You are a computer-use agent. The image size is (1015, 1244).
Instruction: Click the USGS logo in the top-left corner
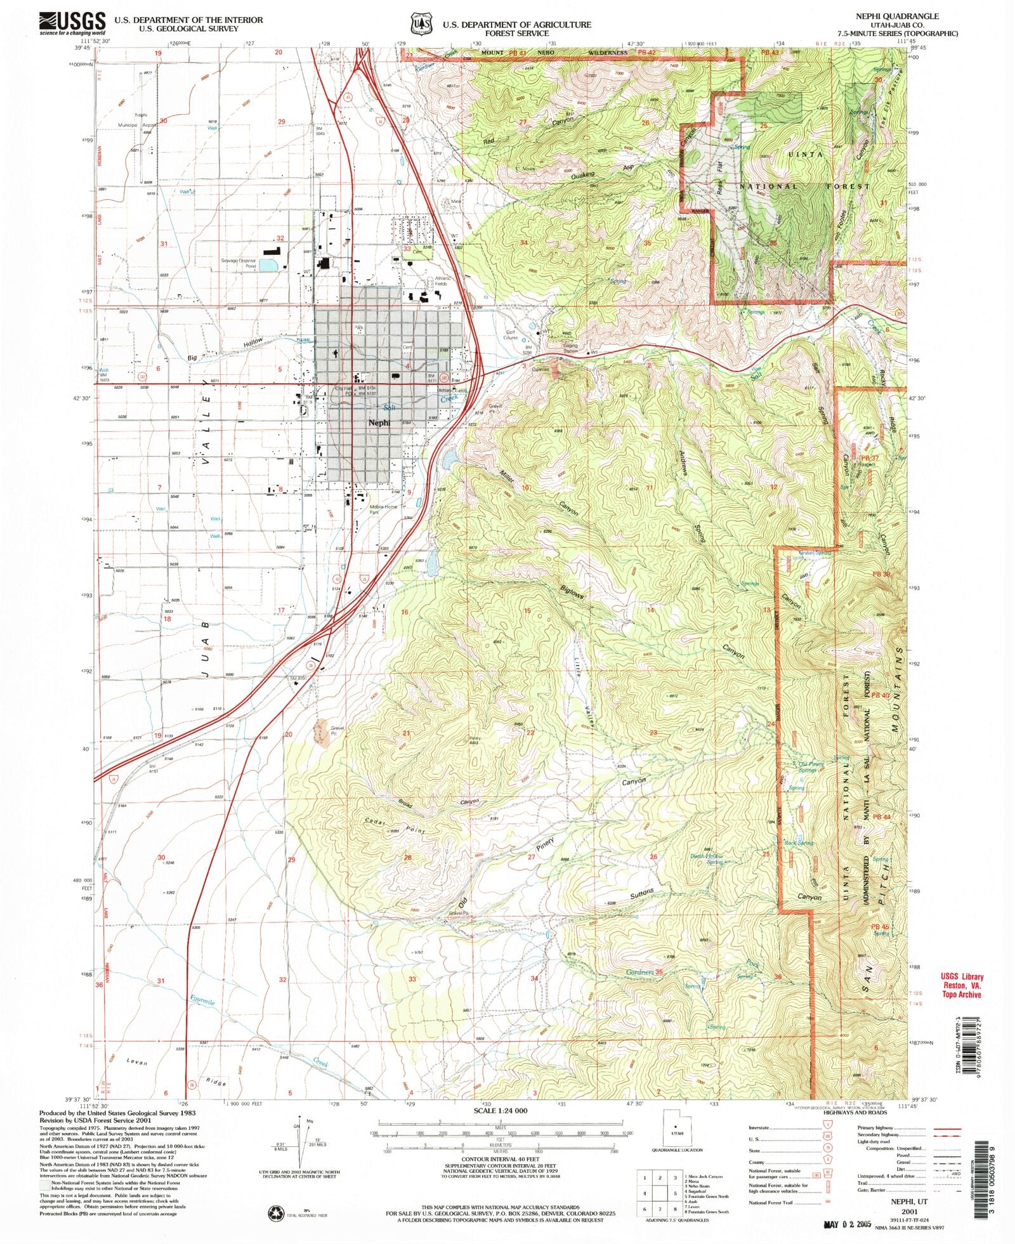(x=71, y=23)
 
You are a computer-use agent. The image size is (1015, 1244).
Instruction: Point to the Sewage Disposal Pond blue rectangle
(x=268, y=265)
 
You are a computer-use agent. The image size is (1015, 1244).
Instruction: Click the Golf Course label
(x=511, y=334)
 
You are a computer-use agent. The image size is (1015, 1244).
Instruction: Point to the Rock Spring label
(x=799, y=843)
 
